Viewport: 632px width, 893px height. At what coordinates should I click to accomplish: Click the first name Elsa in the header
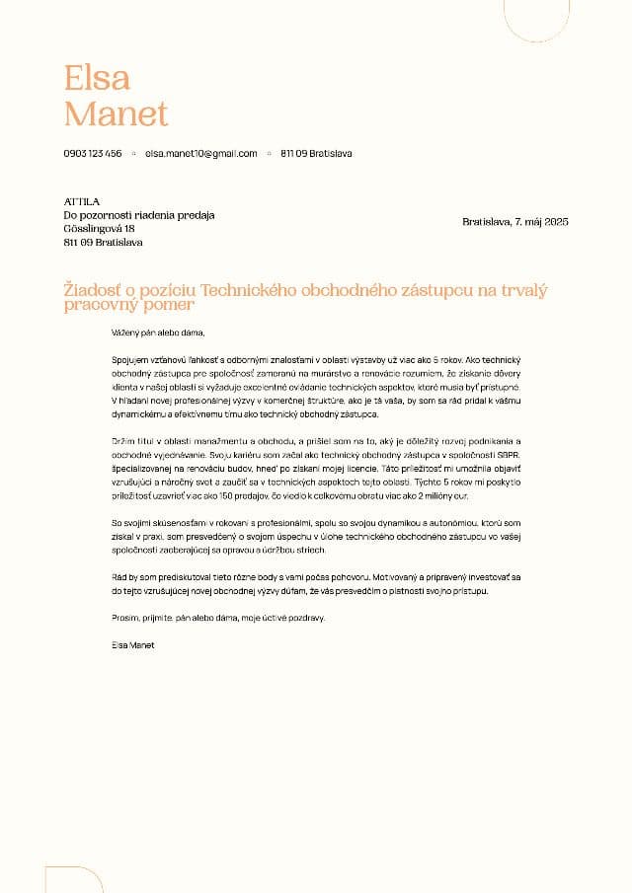point(97,78)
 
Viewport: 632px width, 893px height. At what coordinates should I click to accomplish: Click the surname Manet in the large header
point(116,114)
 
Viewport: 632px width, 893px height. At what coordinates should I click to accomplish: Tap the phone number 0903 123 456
point(93,154)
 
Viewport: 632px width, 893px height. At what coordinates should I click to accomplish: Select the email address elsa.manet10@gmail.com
point(201,154)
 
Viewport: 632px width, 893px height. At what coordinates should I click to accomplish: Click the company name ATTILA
point(82,201)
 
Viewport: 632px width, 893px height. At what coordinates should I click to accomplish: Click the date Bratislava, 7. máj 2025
point(515,222)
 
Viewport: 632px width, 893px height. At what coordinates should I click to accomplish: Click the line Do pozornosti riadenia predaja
point(139,215)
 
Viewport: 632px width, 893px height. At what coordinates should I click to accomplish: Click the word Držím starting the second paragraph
point(123,441)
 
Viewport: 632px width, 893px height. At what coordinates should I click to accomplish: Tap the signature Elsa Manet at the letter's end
point(133,645)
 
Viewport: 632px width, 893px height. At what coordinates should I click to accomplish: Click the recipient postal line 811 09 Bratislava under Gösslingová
point(103,242)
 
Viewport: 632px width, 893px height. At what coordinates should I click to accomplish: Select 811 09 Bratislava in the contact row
point(316,154)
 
